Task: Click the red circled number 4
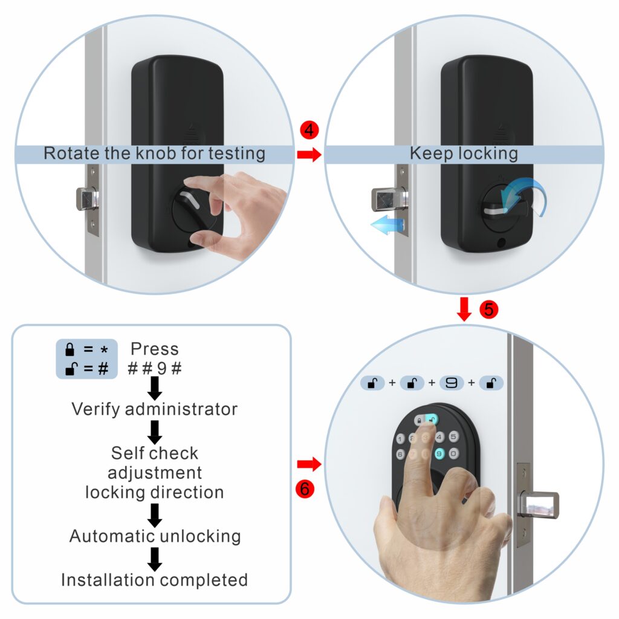click(x=308, y=130)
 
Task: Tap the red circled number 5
click(x=488, y=309)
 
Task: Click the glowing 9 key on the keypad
click(x=439, y=453)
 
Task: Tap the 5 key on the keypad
click(x=453, y=437)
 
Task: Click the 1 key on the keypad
click(x=400, y=439)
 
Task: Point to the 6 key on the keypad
click(x=400, y=454)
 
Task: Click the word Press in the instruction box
click(x=155, y=349)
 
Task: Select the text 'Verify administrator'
click(x=155, y=409)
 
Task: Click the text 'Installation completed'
click(x=155, y=580)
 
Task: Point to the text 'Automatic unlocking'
click(x=155, y=536)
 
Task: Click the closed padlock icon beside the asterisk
click(x=71, y=349)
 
